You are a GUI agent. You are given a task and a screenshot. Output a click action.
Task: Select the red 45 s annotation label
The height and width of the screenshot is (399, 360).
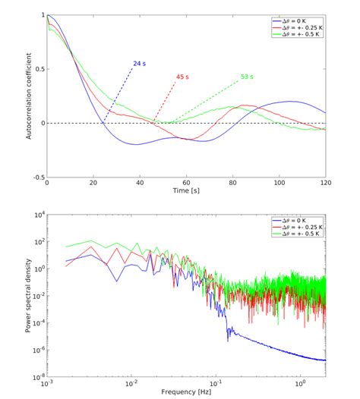click(x=182, y=76)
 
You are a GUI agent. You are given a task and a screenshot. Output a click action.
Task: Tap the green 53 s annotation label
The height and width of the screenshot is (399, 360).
click(x=247, y=76)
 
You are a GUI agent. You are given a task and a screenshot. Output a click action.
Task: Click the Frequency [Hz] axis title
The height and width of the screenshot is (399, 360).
click(x=186, y=392)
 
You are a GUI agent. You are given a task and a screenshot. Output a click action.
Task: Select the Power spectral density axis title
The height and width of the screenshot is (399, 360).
click(x=28, y=296)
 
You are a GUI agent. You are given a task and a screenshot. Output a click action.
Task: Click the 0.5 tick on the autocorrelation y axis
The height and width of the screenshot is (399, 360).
click(x=38, y=68)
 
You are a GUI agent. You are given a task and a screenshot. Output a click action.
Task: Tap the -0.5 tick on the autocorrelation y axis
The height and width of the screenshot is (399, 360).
click(x=37, y=178)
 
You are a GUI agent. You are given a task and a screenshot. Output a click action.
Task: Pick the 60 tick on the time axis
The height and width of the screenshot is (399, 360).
click(x=186, y=184)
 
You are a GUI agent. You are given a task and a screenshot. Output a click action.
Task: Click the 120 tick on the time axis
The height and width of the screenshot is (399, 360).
click(x=325, y=184)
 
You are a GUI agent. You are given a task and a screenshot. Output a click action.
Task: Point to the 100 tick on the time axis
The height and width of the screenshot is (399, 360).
click(x=279, y=184)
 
